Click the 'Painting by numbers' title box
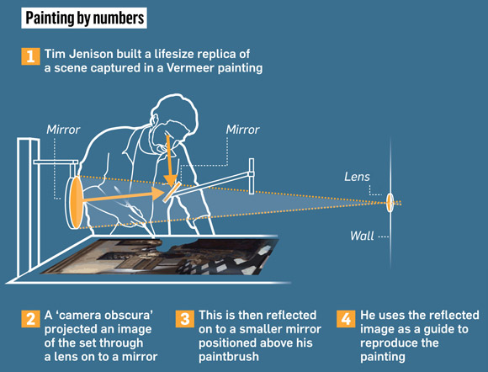click(x=84, y=18)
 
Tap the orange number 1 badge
click(x=30, y=56)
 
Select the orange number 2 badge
click(x=30, y=319)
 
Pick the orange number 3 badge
click(x=185, y=319)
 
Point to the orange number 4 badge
click(x=346, y=319)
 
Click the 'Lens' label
click(x=357, y=177)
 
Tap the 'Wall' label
click(x=362, y=236)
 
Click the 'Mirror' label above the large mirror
click(x=63, y=130)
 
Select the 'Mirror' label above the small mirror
click(x=243, y=130)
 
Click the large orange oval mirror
click(x=76, y=202)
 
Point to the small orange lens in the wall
click(x=390, y=202)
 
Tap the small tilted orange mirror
click(x=172, y=192)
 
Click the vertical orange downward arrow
click(x=169, y=161)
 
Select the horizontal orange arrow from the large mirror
click(x=124, y=196)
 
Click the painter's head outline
click(x=173, y=114)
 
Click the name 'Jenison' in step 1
click(x=91, y=54)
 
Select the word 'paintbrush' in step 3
click(x=229, y=357)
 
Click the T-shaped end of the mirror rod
click(x=252, y=176)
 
